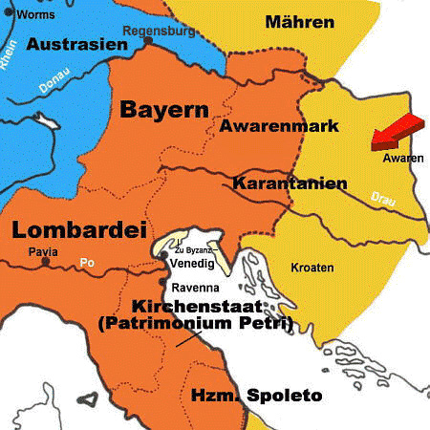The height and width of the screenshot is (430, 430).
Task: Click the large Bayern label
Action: pos(163,110)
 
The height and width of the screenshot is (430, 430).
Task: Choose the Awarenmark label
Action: pos(266,125)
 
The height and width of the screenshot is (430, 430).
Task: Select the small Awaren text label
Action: pos(401,158)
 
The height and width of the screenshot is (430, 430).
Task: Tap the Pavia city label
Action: pos(43,252)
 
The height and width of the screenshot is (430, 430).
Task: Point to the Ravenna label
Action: pos(196,288)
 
